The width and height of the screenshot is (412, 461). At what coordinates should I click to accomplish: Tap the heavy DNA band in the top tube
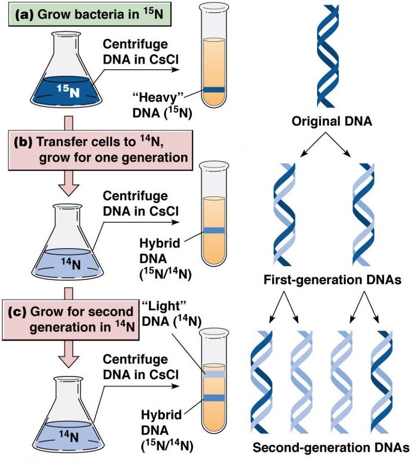(x=213, y=90)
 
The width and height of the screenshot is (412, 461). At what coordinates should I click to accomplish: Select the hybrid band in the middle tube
(x=213, y=230)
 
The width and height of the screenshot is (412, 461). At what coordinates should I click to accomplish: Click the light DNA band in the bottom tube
(x=213, y=373)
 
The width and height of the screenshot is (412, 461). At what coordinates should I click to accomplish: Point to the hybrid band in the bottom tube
(x=213, y=397)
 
